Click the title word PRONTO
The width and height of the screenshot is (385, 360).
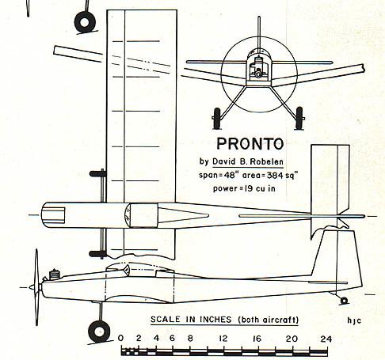click(x=250, y=144)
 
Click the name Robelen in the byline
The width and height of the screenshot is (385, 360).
click(x=266, y=161)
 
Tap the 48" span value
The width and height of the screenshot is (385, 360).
click(x=230, y=175)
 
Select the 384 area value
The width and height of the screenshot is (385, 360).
click(x=276, y=176)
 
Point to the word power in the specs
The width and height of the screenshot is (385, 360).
click(x=225, y=189)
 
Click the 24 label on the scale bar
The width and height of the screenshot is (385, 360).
click(x=326, y=339)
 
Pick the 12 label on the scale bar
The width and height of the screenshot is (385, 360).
click(x=223, y=339)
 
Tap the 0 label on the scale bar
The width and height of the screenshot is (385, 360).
click(x=120, y=338)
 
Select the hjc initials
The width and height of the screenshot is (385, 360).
click(x=354, y=320)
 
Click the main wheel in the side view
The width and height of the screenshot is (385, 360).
click(x=99, y=332)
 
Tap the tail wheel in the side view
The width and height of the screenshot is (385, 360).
click(x=344, y=301)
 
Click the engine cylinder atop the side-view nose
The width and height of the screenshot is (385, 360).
click(x=54, y=275)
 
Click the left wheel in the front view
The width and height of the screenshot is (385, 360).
click(x=217, y=118)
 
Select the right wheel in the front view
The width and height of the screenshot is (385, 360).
click(x=299, y=118)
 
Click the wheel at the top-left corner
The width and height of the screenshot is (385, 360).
click(x=85, y=22)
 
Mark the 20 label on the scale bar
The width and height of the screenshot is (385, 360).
click(x=292, y=339)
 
